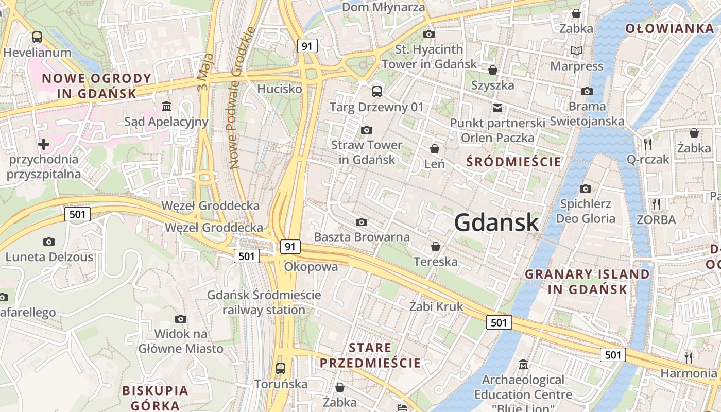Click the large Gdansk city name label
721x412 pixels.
click(x=496, y=222)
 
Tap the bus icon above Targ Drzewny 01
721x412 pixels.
click(x=377, y=92)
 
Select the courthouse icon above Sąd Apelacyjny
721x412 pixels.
click(x=166, y=107)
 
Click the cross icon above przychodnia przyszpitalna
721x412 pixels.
click(x=44, y=144)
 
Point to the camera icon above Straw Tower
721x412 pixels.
click(x=366, y=130)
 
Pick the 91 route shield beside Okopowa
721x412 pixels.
click(x=290, y=247)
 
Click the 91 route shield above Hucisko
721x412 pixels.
click(x=307, y=46)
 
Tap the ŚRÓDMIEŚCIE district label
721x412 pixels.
click(x=513, y=162)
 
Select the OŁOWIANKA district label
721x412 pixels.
click(x=669, y=29)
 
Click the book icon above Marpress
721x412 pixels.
click(x=577, y=50)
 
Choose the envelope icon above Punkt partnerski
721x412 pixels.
click(x=497, y=108)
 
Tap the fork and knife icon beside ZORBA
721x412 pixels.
click(x=656, y=204)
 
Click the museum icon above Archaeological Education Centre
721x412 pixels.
click(x=523, y=365)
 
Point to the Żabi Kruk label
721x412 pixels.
click(x=436, y=307)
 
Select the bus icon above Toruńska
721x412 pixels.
click(x=281, y=369)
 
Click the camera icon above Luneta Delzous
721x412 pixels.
click(x=49, y=242)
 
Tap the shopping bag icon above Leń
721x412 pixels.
click(x=435, y=149)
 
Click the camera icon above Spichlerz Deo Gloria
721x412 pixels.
click(x=585, y=188)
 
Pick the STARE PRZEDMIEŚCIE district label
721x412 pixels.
click(x=370, y=355)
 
